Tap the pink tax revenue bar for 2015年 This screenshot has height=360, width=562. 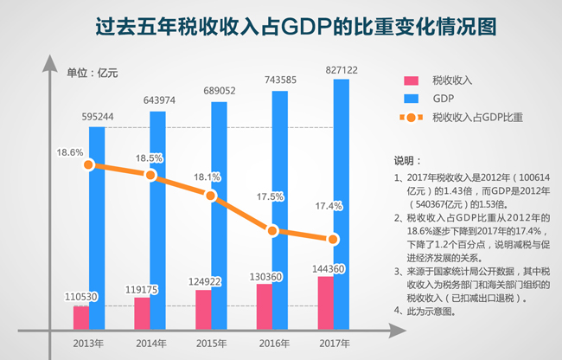click(202, 309)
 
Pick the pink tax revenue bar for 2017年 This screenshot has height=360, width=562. click(325, 302)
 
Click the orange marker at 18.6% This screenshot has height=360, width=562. click(90, 167)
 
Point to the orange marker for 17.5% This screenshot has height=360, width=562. click(272, 231)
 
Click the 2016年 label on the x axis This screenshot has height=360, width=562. click(272, 344)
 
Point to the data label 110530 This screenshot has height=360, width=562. click(81, 297)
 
